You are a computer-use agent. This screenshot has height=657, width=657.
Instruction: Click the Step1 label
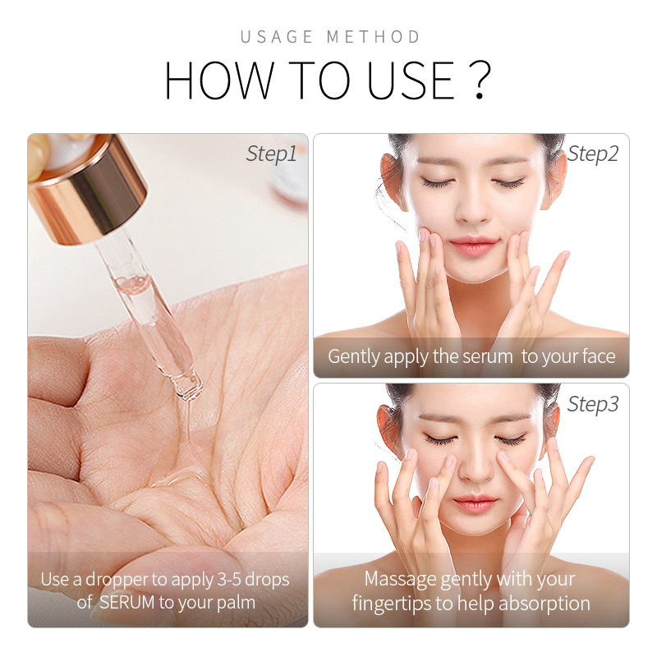click(x=271, y=154)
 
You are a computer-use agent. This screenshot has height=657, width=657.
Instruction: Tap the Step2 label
click(x=593, y=154)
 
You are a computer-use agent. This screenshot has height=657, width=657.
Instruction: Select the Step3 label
click(x=593, y=404)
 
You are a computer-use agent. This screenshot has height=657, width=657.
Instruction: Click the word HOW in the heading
click(x=216, y=80)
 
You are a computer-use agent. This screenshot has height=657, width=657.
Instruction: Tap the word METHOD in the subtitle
click(x=374, y=37)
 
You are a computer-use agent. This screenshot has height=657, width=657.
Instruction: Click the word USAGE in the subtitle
click(x=277, y=37)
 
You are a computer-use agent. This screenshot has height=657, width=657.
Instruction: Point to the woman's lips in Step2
click(x=472, y=245)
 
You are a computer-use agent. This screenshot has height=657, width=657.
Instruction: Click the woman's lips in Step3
click(x=472, y=502)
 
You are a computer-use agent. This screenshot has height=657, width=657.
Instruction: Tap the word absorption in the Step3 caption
click(x=542, y=604)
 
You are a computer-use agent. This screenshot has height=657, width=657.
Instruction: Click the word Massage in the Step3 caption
click(x=399, y=579)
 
